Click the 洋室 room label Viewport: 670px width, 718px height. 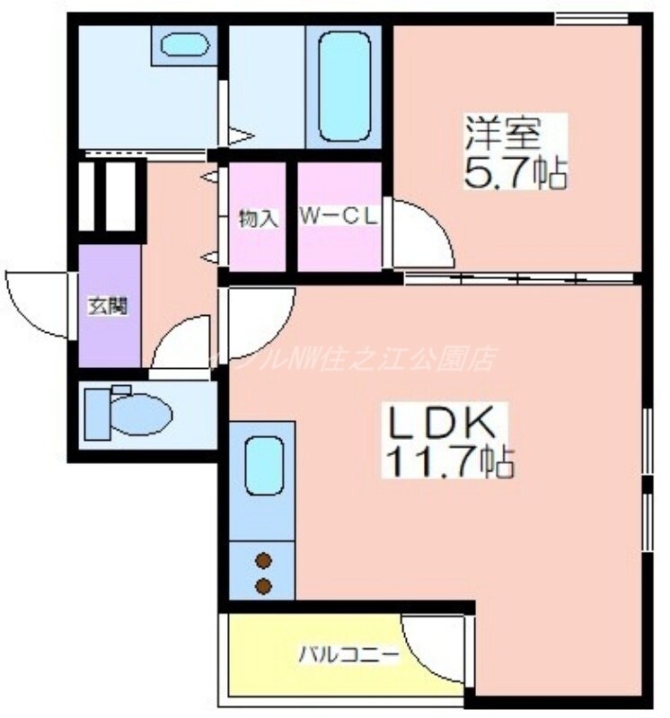coord(502,133)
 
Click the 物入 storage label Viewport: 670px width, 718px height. coord(258,217)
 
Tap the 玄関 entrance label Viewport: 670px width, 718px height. coord(108,306)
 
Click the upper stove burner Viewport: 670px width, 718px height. coord(263,562)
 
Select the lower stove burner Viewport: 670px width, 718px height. coord(263,587)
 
